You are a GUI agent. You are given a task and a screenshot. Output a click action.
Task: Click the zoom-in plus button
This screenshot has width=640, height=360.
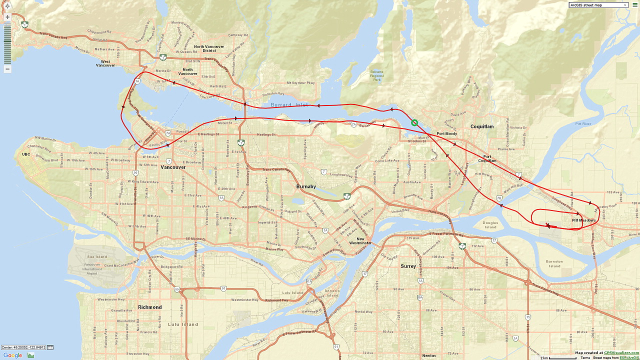click(x=7, y=17)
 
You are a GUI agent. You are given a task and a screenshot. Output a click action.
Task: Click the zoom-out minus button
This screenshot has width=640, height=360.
click(x=7, y=68)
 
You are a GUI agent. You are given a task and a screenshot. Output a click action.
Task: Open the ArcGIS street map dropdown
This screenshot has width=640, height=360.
click(x=598, y=5)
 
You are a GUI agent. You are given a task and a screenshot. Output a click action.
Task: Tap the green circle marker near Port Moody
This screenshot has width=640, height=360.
click(x=414, y=122)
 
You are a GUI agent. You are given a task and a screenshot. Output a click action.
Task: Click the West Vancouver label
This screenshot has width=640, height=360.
click(x=105, y=63)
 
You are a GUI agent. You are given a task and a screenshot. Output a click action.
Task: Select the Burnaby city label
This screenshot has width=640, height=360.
click(x=306, y=186)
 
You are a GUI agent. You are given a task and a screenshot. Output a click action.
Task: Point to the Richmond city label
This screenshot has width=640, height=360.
click(x=150, y=307)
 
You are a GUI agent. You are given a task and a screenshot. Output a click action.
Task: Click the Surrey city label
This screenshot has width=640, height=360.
click(x=408, y=266)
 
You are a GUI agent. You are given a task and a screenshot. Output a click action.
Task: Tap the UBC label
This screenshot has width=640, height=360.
click(x=26, y=154)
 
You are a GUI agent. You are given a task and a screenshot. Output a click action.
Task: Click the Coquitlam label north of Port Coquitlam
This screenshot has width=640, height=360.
click(x=482, y=126)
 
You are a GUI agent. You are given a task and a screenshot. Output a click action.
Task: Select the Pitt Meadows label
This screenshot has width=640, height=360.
click(x=583, y=220)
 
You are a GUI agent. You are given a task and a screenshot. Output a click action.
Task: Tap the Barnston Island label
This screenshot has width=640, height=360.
click(x=553, y=263)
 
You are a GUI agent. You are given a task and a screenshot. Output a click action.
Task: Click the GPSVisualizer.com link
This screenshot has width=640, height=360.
click(x=620, y=353)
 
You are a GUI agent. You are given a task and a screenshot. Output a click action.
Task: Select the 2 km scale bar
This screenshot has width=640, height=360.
click(x=558, y=358)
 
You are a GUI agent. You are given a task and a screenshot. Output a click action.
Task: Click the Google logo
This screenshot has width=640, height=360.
click(x=12, y=355)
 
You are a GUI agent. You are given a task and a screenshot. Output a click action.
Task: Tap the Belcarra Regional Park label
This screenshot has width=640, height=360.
click(x=376, y=75)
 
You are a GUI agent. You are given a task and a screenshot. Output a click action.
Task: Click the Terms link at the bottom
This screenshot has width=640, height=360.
click(x=585, y=358)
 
